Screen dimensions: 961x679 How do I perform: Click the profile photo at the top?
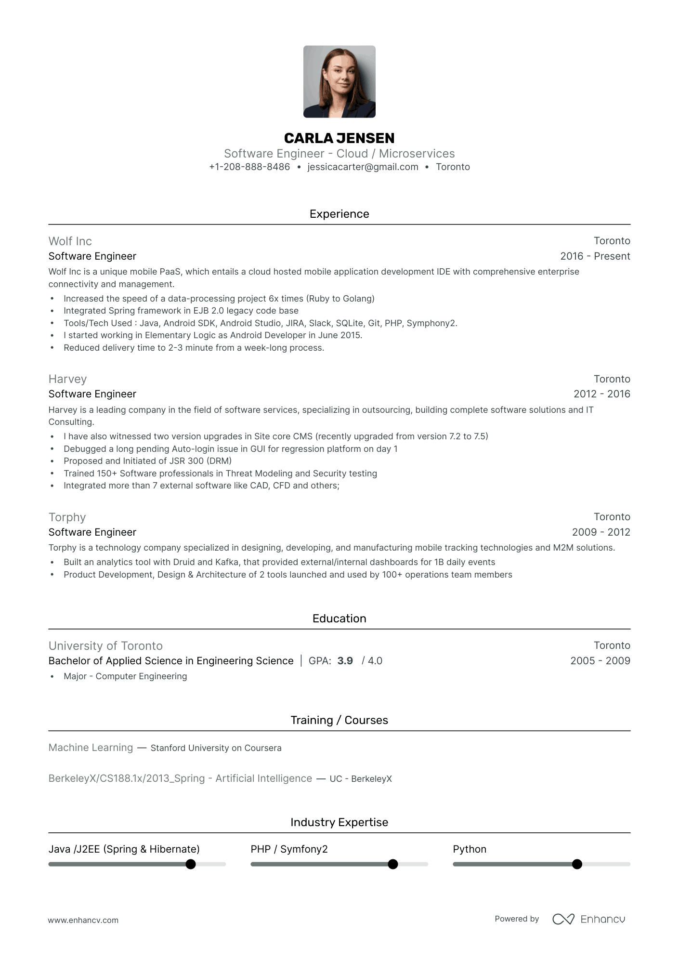tap(339, 81)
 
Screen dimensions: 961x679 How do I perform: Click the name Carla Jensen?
tap(339, 138)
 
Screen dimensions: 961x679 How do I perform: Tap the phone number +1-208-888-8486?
tap(249, 167)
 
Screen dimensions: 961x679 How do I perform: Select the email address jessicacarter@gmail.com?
tap(363, 167)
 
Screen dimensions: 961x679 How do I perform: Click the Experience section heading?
tap(339, 214)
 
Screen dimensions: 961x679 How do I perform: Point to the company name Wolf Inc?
tap(70, 241)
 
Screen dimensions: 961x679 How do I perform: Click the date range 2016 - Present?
tap(595, 256)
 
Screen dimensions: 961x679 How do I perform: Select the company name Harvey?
tap(67, 379)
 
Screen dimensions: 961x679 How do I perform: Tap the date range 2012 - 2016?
tap(601, 394)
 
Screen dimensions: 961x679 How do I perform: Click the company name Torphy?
tap(67, 517)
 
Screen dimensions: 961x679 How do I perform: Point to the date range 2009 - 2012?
tap(601, 532)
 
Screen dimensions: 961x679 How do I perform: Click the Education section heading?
tap(339, 619)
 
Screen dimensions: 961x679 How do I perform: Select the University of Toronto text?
tap(105, 645)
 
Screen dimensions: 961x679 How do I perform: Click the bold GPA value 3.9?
tap(345, 661)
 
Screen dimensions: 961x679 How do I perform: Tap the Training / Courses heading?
tap(339, 720)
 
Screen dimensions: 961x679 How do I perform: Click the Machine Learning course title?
tap(91, 748)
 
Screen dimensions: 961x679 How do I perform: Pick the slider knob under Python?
tap(577, 864)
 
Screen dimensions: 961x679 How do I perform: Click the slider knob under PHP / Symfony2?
tap(393, 864)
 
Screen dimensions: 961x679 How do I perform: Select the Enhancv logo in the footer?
tap(588, 919)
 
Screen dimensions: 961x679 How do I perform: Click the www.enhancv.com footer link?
tap(83, 920)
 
